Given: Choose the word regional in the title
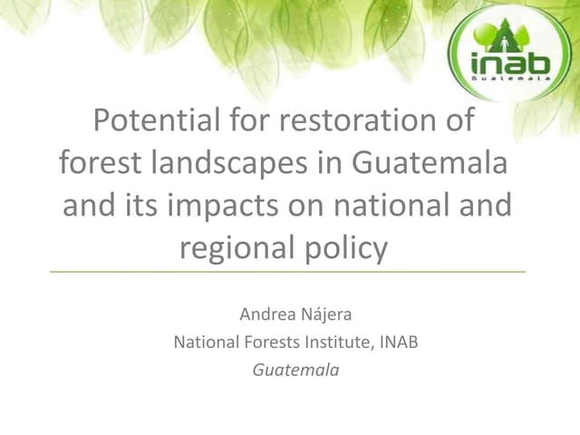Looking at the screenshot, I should pos(238,246).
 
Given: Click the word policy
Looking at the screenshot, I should pos(347,247).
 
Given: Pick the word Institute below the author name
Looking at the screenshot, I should pos(337,343).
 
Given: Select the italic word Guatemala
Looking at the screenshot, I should pos(295,370).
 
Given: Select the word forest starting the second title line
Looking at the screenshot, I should pos(95,163).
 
